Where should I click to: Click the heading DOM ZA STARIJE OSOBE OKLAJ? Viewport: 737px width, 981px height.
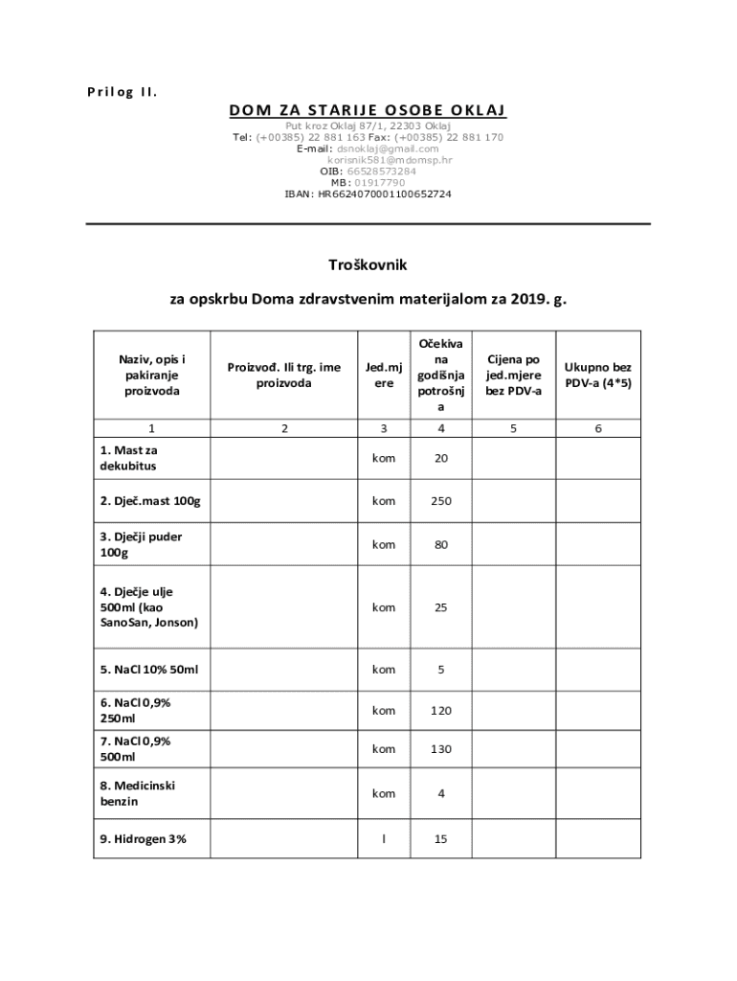tap(368, 111)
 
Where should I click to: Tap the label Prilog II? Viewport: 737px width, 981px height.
tap(115, 93)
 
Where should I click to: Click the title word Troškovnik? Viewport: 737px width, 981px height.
tap(368, 263)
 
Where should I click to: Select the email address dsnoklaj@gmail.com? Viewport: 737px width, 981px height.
tap(388, 148)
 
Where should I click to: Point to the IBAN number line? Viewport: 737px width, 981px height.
tap(368, 194)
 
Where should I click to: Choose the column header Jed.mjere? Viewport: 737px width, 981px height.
tap(384, 375)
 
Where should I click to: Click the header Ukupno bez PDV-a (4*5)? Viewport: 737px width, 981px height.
tap(598, 375)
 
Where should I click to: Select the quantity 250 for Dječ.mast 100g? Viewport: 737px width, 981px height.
tap(440, 501)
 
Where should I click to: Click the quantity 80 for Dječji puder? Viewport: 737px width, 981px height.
tap(440, 544)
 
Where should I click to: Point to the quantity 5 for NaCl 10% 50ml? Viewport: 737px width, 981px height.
tap(440, 670)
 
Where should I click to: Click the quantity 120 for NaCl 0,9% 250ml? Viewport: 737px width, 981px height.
tap(440, 711)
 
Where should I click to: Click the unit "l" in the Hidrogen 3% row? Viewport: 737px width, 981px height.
tap(384, 839)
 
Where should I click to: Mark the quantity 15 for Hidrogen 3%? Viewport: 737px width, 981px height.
tap(440, 839)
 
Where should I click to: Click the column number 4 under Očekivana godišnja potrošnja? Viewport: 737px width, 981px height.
tap(440, 428)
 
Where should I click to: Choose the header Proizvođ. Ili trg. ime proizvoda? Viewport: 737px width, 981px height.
tap(284, 375)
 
